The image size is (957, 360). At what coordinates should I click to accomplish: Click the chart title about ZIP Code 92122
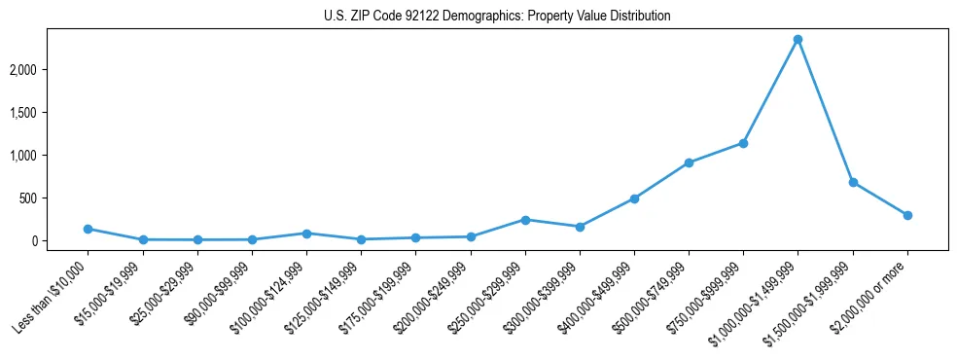pyautogui.click(x=497, y=17)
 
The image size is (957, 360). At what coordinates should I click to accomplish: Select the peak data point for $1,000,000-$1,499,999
pyautogui.click(x=797, y=39)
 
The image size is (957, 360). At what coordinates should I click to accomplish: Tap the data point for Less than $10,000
pyautogui.click(x=89, y=229)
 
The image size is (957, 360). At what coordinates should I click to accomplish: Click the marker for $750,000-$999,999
pyautogui.click(x=743, y=143)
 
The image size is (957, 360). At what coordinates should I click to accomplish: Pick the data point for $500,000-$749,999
pyautogui.click(x=689, y=162)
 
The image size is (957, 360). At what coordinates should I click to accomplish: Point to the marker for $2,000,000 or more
pyautogui.click(x=907, y=215)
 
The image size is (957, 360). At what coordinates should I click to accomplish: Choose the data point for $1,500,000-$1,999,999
pyautogui.click(x=853, y=182)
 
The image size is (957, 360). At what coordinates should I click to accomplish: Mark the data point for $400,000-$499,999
pyautogui.click(x=634, y=198)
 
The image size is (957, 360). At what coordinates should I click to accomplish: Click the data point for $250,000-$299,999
pyautogui.click(x=525, y=220)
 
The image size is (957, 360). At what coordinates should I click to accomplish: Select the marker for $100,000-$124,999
pyautogui.click(x=306, y=234)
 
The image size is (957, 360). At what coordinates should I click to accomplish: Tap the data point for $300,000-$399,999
pyautogui.click(x=580, y=227)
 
